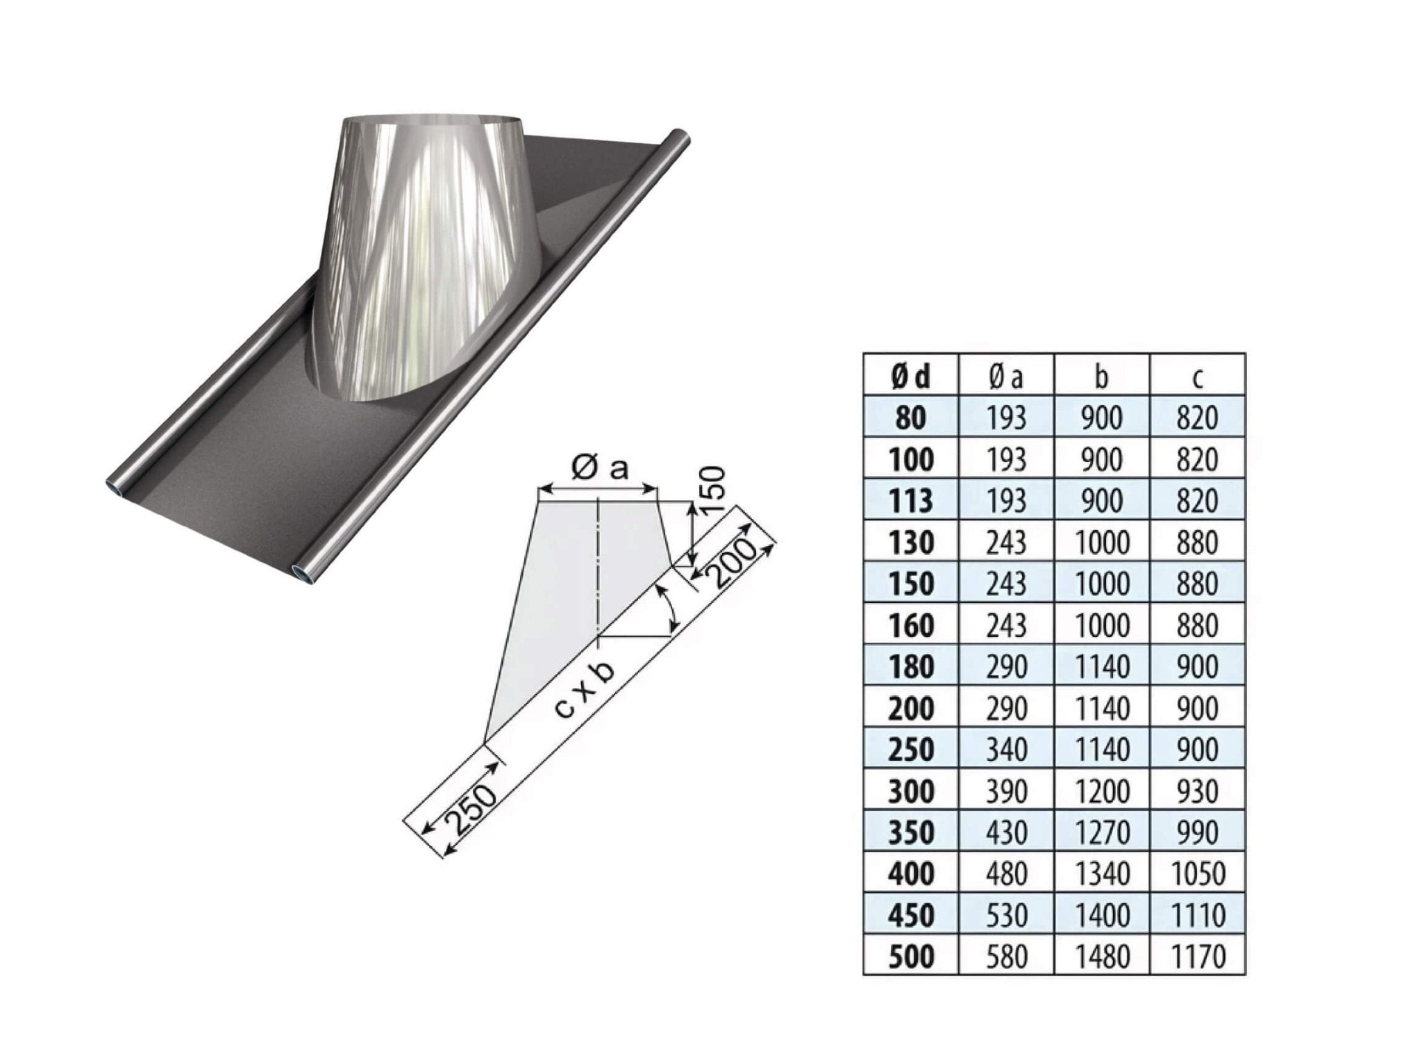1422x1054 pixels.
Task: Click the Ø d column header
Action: coord(910,377)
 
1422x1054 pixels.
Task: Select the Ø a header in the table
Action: coord(1006,377)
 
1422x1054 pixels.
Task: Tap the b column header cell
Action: coord(1102,377)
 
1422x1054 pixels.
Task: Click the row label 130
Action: coord(911,543)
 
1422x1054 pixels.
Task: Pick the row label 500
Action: coord(911,957)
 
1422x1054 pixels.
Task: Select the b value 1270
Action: coord(1102,832)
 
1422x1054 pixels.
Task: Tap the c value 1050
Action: coord(1198,873)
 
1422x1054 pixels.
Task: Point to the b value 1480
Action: coord(1102,957)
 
